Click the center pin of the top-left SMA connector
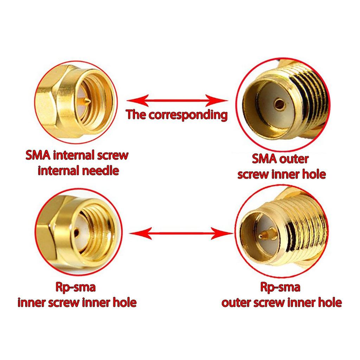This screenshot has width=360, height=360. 86,101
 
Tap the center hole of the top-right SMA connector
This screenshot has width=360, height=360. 279,104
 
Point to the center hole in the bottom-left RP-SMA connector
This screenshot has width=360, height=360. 76,233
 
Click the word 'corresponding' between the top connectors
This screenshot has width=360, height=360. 188,115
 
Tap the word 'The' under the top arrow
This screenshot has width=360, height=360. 136,114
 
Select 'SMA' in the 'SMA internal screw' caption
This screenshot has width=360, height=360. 38,155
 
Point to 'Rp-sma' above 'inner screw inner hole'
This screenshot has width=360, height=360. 76,287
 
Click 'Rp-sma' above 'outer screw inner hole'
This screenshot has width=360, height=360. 280,287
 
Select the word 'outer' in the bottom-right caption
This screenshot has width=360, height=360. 236,303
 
